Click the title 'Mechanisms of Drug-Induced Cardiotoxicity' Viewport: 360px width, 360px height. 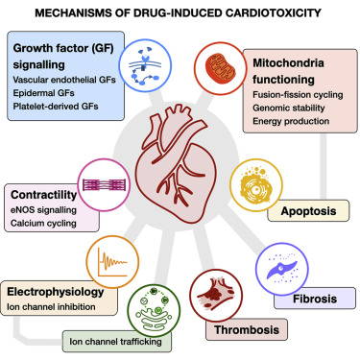[180, 12]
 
